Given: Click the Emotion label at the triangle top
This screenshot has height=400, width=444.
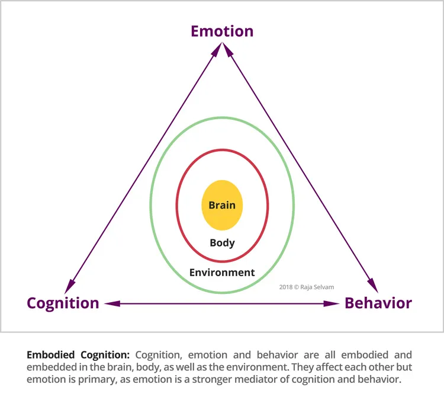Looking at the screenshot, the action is tap(222, 31).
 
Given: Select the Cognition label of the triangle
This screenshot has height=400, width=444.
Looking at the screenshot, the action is tap(63, 303).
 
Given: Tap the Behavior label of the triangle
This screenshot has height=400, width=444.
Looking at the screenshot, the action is tap(378, 303).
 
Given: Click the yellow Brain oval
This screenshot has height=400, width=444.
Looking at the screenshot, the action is tap(222, 205).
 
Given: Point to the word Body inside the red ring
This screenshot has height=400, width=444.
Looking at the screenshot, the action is tap(222, 243).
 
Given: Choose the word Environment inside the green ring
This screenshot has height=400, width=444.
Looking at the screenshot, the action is tap(222, 273).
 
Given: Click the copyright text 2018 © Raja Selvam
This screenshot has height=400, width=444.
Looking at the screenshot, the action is tap(307, 287).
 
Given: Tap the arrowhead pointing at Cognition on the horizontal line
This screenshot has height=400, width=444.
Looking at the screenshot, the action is tap(112, 303).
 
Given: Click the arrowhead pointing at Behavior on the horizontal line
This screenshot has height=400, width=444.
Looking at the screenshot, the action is tap(332, 303).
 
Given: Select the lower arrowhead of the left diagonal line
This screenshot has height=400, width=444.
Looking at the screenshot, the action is tap(69, 286).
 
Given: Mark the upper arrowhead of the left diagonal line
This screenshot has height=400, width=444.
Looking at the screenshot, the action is tap(217, 50).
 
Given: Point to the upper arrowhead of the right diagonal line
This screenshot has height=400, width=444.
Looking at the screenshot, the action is tap(228, 49).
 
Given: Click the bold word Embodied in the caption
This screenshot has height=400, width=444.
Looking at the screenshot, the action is tap(51, 354).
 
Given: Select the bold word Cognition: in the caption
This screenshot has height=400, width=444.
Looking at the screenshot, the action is tap(105, 355).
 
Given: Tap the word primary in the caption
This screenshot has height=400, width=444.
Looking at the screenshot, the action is tap(97, 380).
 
